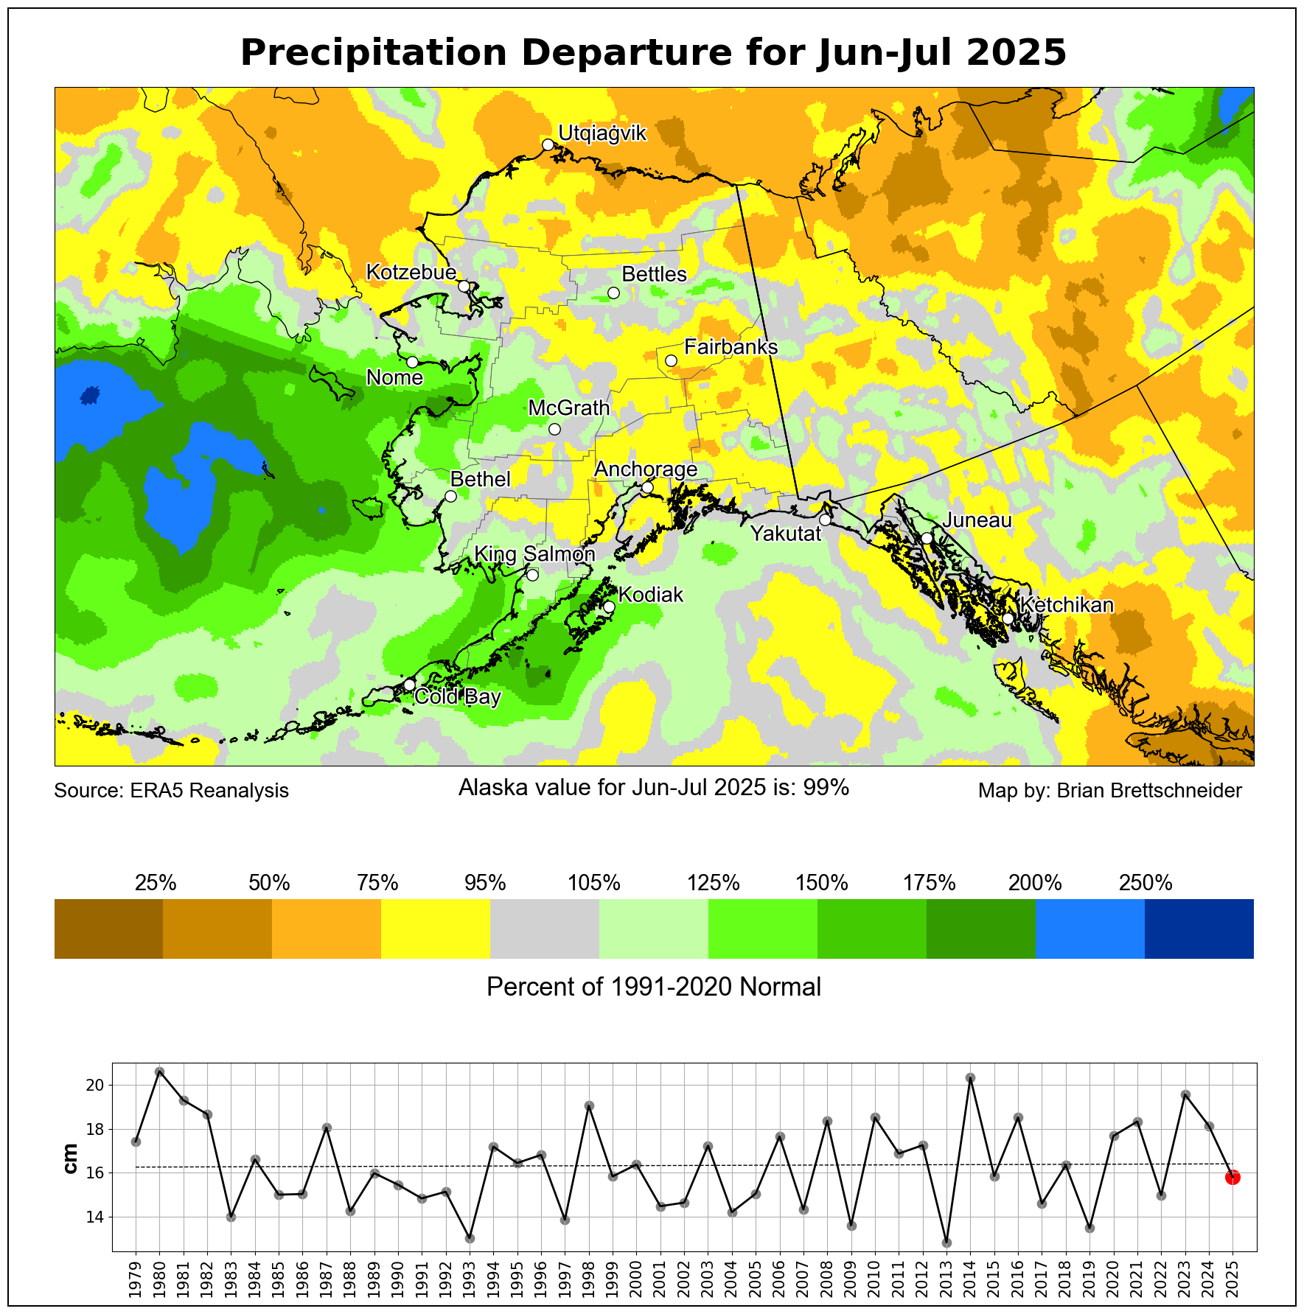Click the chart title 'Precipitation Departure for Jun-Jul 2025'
coord(653,53)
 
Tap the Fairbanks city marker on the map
coord(671,360)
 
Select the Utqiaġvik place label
coord(602,133)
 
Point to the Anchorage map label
coord(646,469)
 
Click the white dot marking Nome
coord(412,362)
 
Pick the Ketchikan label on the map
coord(1067,605)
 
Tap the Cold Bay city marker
coord(409,685)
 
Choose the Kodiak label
coord(651,595)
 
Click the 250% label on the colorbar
coord(1145,883)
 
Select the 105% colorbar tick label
coord(594,883)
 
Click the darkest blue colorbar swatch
coord(1199,929)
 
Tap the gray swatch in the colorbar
coord(545,929)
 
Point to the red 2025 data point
coord(1232,1177)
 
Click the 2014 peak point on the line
coord(970,1078)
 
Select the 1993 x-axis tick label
coord(470,1278)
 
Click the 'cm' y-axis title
coord(71,1159)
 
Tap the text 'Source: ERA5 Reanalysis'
coord(172,791)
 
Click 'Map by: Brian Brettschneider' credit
coord(1109,791)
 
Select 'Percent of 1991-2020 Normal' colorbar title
coord(654,987)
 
